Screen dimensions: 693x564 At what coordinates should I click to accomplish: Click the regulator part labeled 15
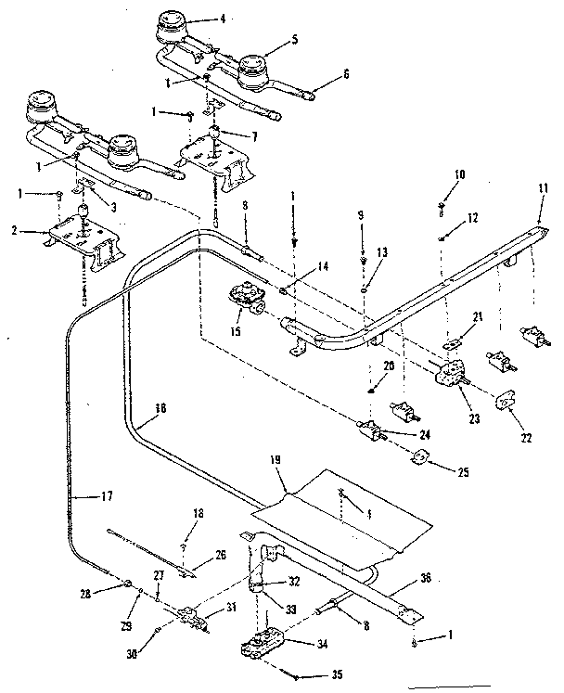tap(245, 300)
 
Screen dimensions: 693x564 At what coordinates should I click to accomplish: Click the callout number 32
tap(294, 583)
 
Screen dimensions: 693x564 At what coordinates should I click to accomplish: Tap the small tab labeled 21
tap(453, 345)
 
